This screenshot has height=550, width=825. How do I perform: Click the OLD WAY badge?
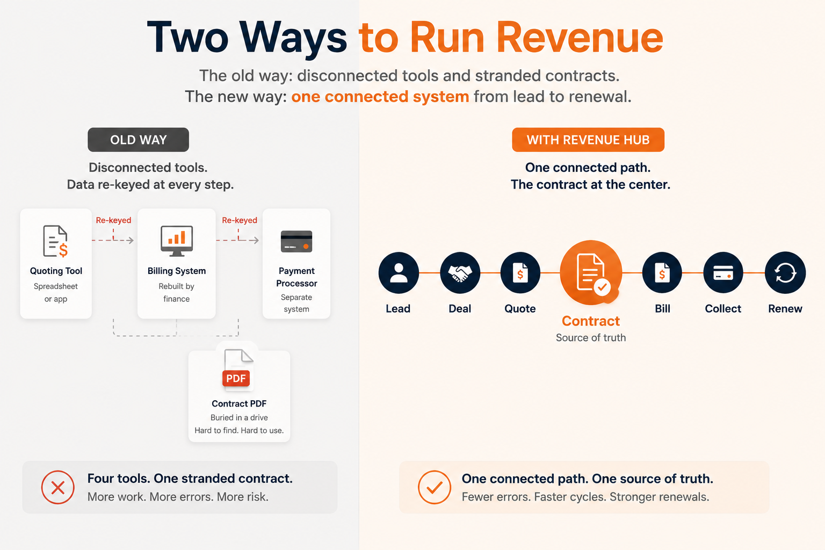click(x=138, y=140)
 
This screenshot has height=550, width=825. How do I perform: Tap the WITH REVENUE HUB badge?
click(x=588, y=140)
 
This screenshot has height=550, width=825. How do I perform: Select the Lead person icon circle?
click(x=399, y=273)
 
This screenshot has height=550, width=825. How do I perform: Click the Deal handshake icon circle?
click(x=460, y=273)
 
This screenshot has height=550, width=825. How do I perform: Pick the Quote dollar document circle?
click(x=520, y=273)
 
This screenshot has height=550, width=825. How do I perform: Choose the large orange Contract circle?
click(x=591, y=273)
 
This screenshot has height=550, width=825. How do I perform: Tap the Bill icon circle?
click(x=662, y=273)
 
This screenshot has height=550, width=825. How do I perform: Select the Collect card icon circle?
click(x=723, y=273)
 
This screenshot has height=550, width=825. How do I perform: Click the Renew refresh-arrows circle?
click(x=785, y=273)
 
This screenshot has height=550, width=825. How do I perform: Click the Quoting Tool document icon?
click(x=56, y=241)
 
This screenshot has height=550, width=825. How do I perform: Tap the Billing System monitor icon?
click(x=177, y=241)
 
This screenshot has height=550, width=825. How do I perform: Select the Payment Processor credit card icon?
click(x=296, y=241)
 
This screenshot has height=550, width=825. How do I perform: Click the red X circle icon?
click(x=58, y=487)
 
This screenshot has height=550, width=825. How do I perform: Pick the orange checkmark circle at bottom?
click(x=435, y=487)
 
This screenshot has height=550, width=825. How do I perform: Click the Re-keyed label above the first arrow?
click(x=113, y=220)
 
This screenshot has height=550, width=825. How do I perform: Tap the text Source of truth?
click(x=591, y=337)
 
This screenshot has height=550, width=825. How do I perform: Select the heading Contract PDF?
click(x=239, y=403)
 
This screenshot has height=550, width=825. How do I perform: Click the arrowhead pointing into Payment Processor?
click(x=256, y=240)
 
